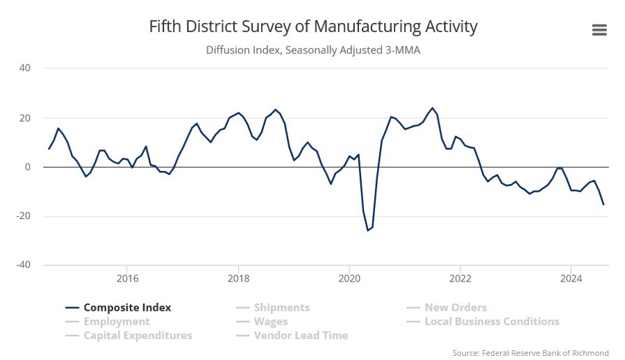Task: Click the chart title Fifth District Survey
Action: (x=312, y=27)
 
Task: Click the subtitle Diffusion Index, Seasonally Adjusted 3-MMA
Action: (x=312, y=50)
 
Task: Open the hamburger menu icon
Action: (x=599, y=30)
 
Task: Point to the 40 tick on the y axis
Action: (x=25, y=68)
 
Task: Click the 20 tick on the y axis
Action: (x=25, y=117)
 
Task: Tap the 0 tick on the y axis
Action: (x=28, y=167)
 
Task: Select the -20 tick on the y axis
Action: (x=24, y=215)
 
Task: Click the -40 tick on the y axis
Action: (x=24, y=265)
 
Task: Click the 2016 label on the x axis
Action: (x=127, y=279)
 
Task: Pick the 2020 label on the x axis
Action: (x=349, y=279)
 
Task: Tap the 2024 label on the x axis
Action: (x=571, y=279)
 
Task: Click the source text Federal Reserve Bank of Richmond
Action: (x=531, y=353)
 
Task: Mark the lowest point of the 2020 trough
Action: (x=367, y=230)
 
